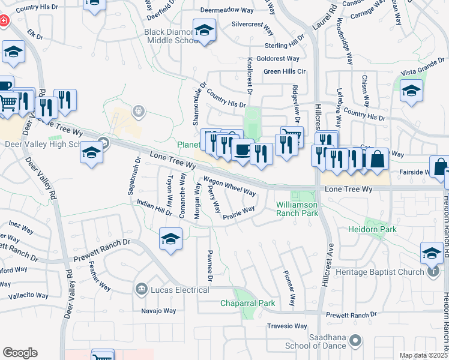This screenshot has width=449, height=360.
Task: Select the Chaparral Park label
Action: (x=247, y=304)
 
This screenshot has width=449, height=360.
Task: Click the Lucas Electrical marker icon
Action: (x=142, y=289)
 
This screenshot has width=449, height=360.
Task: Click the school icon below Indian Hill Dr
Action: (x=170, y=239)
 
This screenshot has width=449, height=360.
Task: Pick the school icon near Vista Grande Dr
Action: (x=411, y=92)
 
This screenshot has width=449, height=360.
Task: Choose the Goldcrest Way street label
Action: (x=277, y=59)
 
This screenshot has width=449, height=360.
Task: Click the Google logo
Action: (x=20, y=353)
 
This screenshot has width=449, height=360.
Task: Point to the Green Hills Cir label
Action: (x=285, y=71)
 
